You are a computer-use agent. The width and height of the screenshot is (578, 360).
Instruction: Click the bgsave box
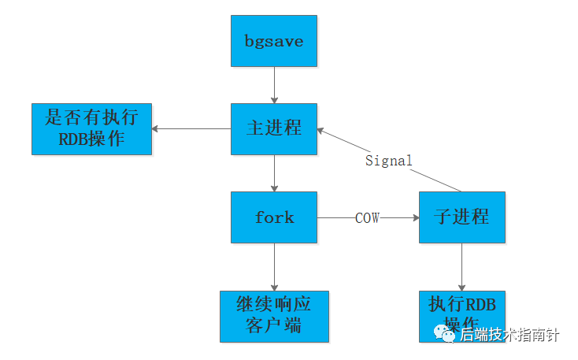point(274,41)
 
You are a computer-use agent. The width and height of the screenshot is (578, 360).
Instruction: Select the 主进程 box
point(274,128)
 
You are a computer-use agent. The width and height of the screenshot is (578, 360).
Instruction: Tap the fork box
point(274,217)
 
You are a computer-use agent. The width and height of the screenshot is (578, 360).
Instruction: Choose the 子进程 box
point(461,217)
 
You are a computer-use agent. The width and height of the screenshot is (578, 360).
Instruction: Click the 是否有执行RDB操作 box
point(91,129)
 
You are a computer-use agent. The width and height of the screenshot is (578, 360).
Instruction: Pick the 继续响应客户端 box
point(274,315)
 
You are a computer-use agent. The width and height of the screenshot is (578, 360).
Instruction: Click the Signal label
point(389,161)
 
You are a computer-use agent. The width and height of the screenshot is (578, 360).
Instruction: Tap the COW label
point(367,218)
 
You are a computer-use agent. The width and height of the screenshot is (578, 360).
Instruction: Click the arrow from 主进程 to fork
point(274,173)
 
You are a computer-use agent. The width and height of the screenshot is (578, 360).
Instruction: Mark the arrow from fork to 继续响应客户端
point(274,266)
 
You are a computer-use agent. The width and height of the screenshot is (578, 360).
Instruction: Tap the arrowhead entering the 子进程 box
point(414,217)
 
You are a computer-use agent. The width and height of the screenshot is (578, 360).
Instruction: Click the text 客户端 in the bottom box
point(274,325)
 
